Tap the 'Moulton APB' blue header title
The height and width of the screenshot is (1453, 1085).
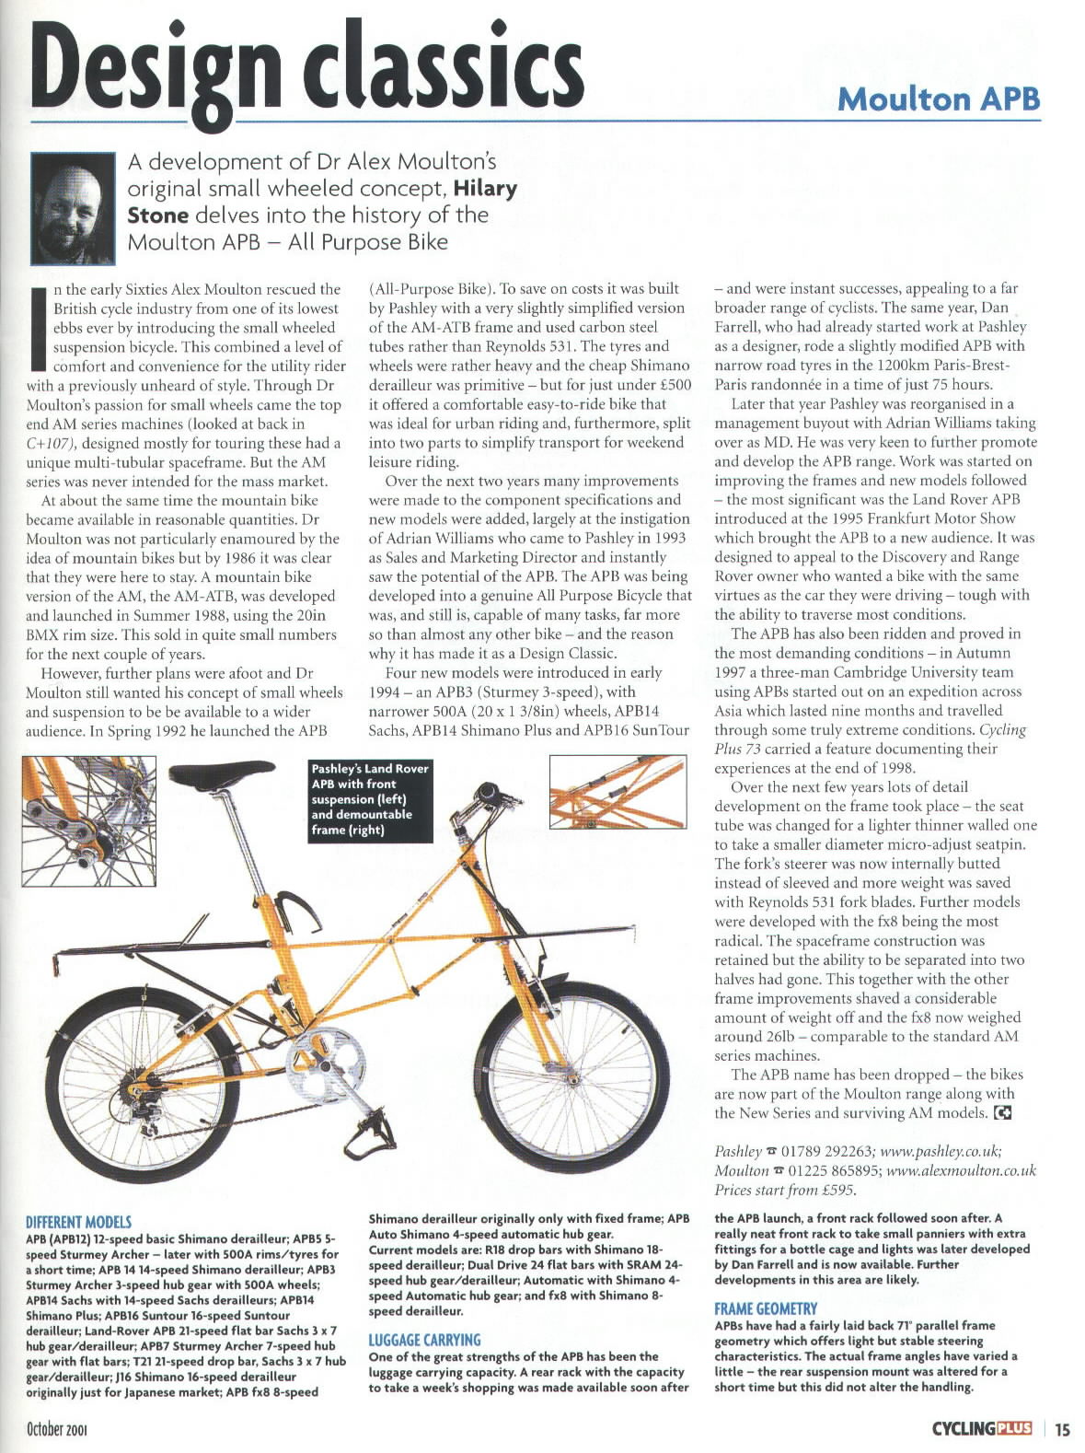pos(938,99)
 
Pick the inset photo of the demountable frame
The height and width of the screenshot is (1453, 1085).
pos(617,791)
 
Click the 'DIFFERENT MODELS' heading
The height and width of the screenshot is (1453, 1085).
pos(78,1223)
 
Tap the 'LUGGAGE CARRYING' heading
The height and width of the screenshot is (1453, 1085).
pos(424,1340)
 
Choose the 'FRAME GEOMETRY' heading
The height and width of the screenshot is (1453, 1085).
pos(766,1308)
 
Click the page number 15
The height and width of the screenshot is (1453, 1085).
pos(1063,1429)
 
